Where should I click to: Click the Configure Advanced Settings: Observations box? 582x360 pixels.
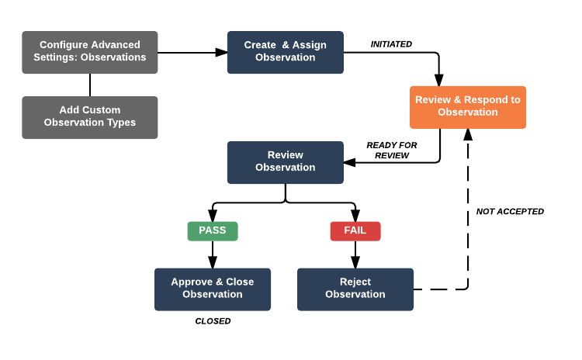(90, 52)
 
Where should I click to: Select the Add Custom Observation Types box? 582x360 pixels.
(90, 117)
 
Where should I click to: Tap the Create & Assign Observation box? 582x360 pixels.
(285, 52)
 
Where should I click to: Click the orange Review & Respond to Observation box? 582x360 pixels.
(468, 106)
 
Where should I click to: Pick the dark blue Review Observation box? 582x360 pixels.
(285, 162)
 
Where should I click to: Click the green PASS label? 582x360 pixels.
(213, 230)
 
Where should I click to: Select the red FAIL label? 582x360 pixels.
(355, 230)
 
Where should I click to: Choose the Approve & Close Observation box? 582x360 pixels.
(213, 289)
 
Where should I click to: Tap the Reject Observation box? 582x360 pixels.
(355, 289)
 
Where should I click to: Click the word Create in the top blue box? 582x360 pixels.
(260, 45)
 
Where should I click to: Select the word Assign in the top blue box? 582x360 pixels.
(310, 45)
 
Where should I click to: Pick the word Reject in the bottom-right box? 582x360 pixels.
(355, 282)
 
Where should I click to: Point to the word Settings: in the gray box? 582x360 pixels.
(55, 57)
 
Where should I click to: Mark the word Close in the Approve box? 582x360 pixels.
(240, 282)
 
